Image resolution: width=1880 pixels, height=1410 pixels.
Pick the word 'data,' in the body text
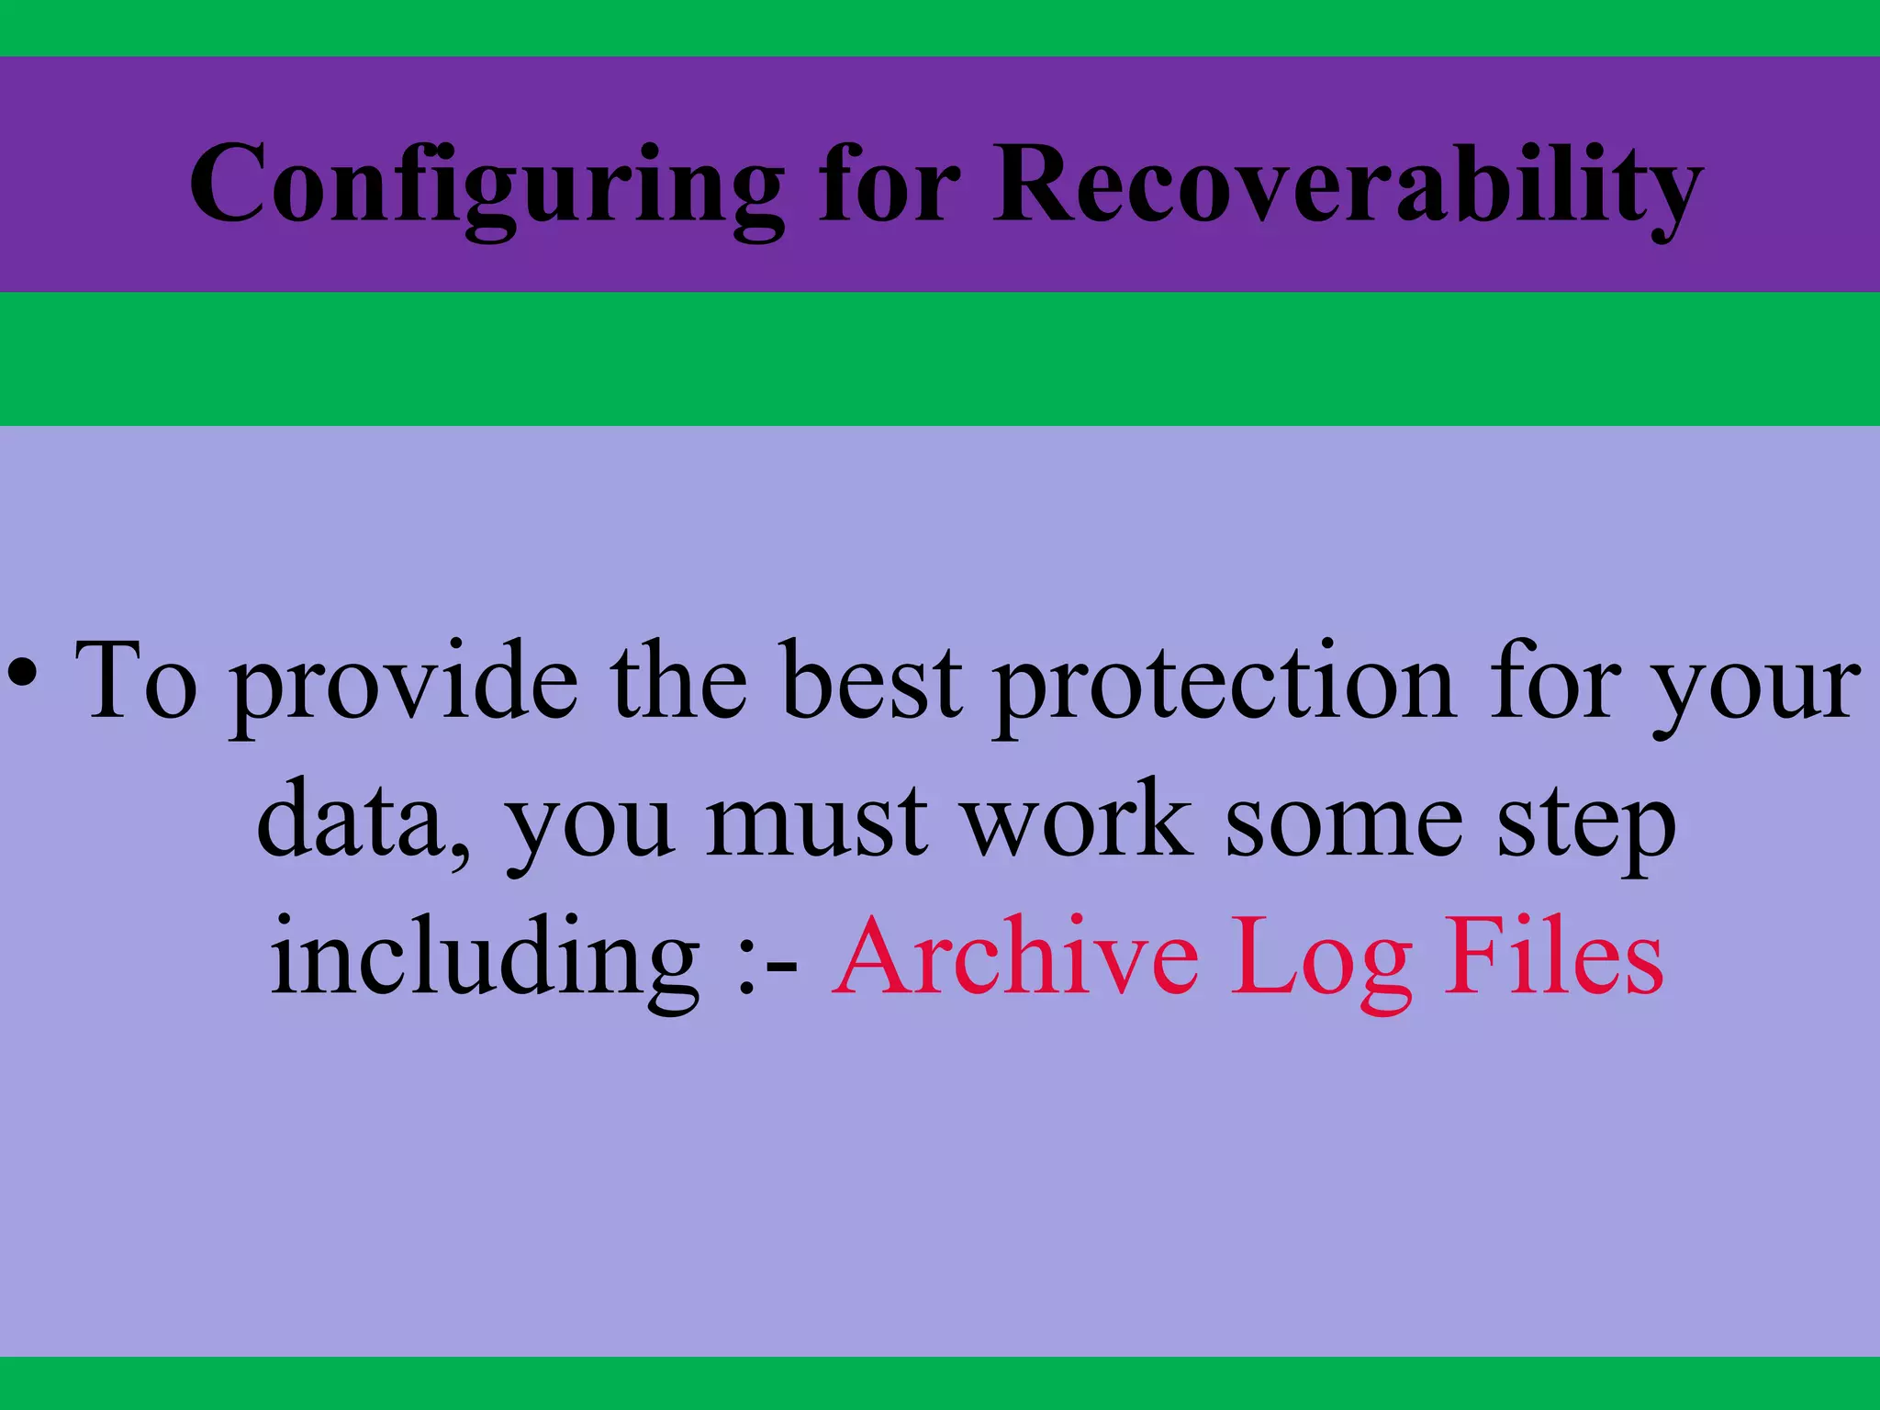[364, 822]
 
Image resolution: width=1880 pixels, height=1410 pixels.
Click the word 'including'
[486, 959]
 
